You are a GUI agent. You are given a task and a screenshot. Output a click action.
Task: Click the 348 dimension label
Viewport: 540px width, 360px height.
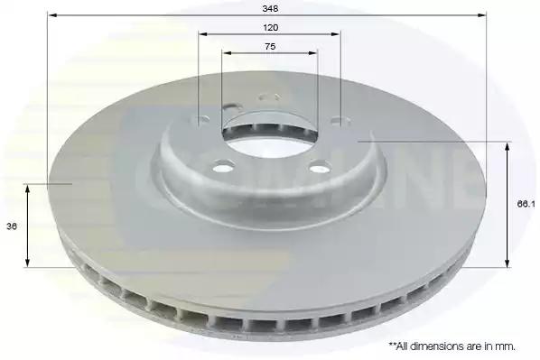coord(270,9)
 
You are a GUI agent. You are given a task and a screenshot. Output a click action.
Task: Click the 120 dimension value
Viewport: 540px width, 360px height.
coord(270,28)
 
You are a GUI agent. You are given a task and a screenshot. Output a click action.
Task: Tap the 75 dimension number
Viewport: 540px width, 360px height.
coord(270,46)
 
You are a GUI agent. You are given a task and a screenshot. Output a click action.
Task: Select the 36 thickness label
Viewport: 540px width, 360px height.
coord(12,226)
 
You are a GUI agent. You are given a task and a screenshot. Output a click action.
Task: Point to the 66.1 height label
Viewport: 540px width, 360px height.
coord(526,204)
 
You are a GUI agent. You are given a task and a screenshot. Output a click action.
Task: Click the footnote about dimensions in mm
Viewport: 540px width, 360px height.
coord(452,346)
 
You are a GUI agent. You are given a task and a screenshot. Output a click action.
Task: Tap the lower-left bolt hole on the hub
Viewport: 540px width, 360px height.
coord(223,169)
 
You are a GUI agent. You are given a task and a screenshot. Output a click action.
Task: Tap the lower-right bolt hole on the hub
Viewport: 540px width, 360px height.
coord(319,169)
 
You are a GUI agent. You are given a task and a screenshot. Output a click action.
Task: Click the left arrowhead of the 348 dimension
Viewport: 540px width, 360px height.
coord(51,15)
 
